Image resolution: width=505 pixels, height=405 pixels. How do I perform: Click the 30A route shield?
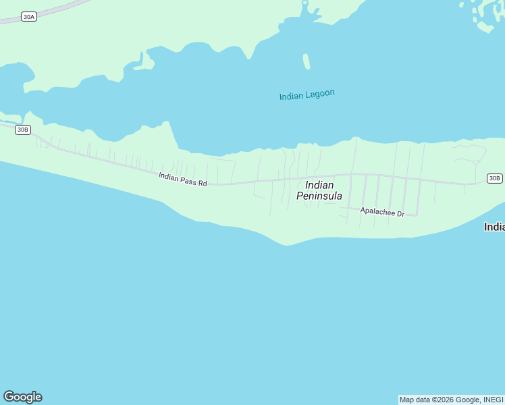(x=28, y=16)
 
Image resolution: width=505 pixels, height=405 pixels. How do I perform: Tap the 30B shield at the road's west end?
(x=23, y=130)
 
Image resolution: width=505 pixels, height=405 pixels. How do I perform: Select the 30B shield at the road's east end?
(x=494, y=178)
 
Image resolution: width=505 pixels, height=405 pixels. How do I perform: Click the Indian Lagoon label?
(x=307, y=95)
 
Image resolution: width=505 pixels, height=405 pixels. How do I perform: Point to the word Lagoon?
(x=320, y=94)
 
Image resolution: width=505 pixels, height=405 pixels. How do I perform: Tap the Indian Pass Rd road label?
(x=182, y=180)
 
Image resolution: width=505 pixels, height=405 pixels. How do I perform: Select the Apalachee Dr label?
(x=381, y=212)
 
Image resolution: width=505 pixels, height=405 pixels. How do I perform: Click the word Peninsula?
(x=319, y=196)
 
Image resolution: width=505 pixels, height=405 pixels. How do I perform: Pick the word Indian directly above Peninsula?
(x=319, y=185)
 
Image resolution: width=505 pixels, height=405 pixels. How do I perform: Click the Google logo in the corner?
(x=22, y=397)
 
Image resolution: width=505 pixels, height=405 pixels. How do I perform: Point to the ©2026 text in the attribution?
(x=444, y=400)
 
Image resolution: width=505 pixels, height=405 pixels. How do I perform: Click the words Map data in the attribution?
(x=415, y=400)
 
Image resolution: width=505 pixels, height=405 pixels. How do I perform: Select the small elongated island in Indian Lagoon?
(x=307, y=61)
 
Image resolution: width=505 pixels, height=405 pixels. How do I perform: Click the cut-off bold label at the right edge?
(x=495, y=227)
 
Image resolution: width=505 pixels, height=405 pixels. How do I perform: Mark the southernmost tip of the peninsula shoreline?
(x=288, y=244)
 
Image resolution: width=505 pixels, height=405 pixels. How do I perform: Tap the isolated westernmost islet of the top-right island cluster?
(x=462, y=5)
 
